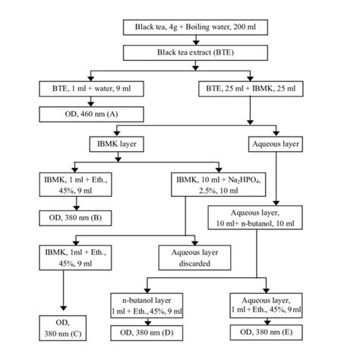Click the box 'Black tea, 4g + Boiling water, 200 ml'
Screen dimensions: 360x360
pos(197,29)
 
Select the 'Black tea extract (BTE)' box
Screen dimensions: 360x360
pos(197,54)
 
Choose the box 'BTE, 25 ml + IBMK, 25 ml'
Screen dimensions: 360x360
pos(251,89)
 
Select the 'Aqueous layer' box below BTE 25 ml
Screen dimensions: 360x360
pos(274,142)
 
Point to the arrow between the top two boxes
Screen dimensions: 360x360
pos(197,41)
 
